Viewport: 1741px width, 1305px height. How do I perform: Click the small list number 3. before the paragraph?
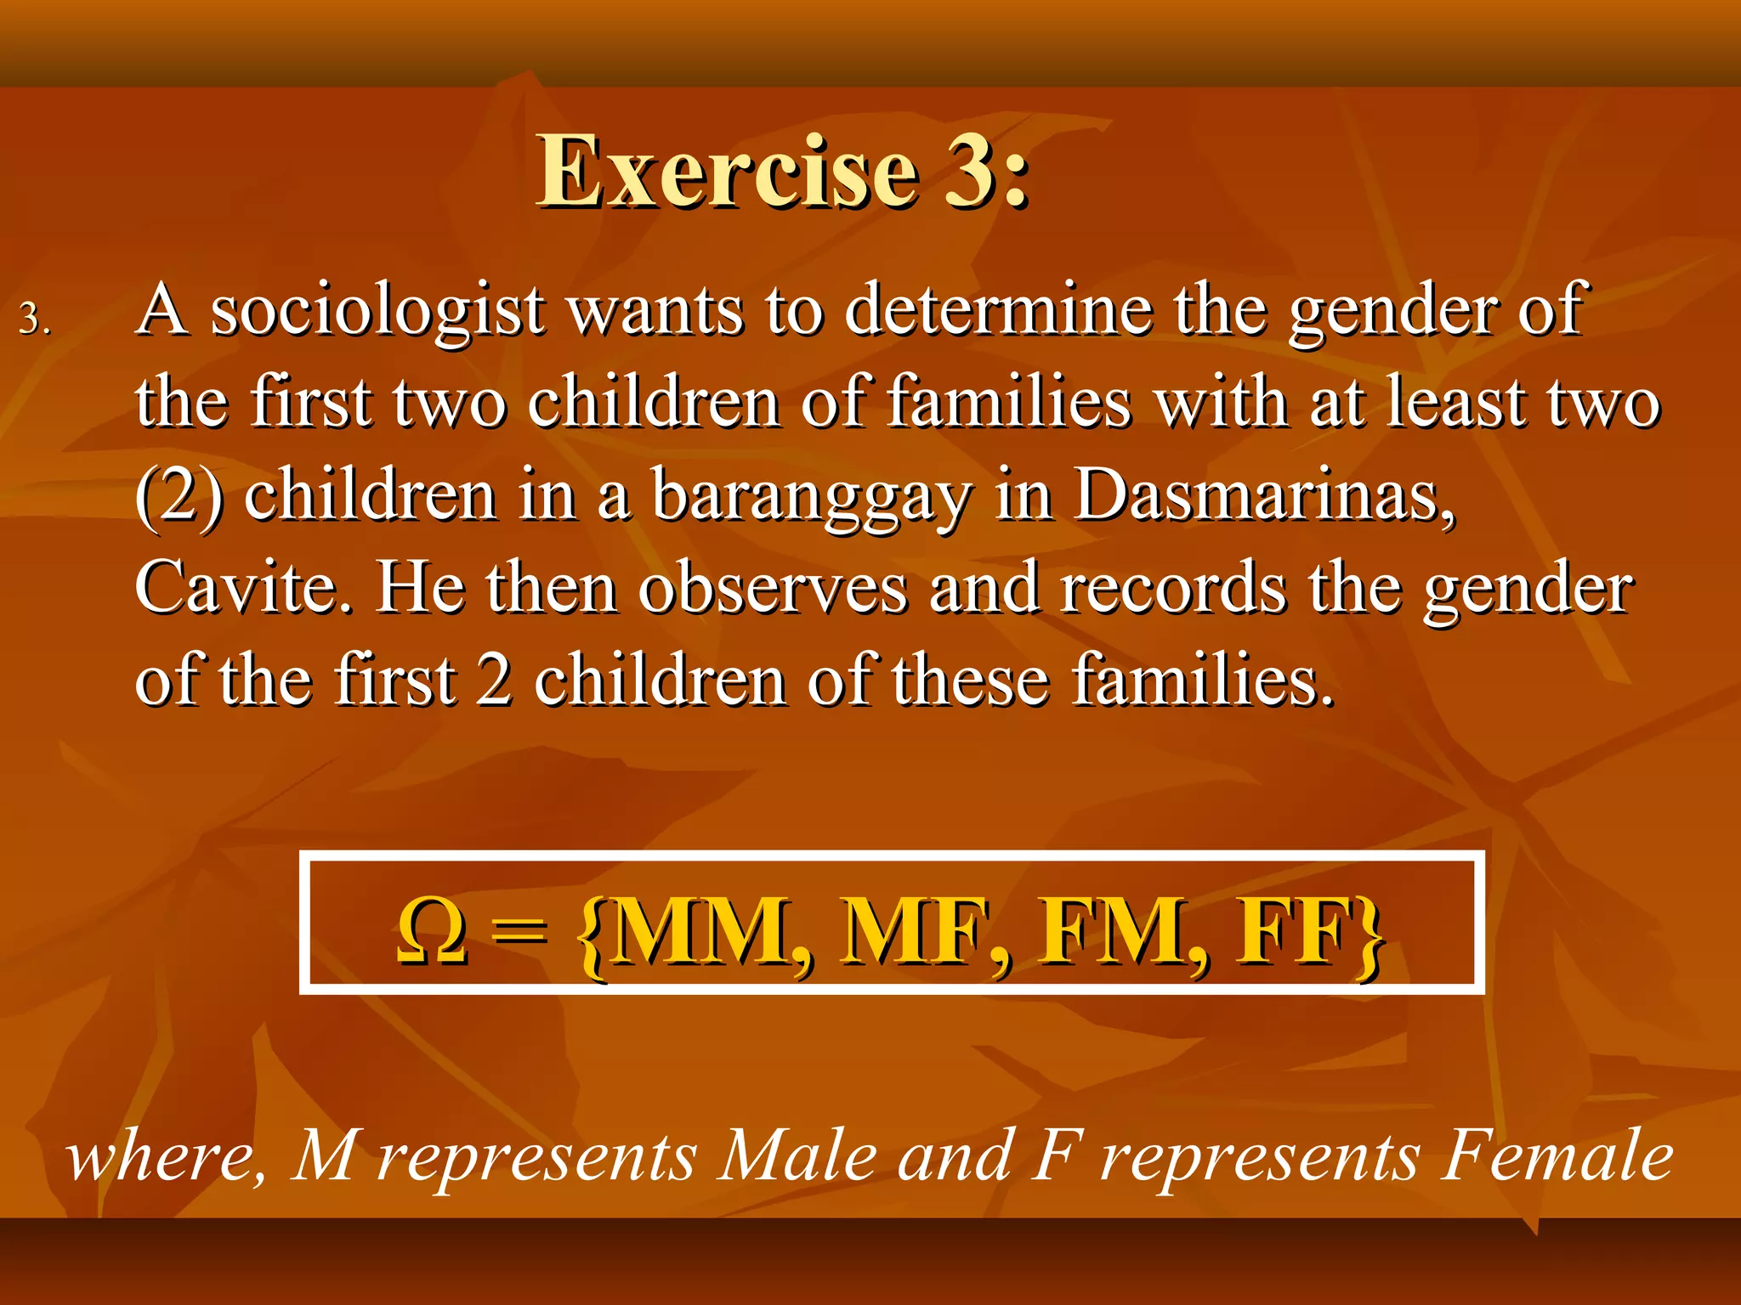coord(35,320)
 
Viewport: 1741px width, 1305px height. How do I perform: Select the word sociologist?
coord(377,312)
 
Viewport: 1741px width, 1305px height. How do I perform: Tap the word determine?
coord(999,310)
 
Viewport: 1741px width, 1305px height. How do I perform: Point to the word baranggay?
coord(811,497)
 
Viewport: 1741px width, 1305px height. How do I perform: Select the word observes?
coord(773,589)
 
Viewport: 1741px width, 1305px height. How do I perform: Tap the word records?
coord(1173,589)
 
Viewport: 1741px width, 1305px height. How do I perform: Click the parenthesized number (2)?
coord(179,497)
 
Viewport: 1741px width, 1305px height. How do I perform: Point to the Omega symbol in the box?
coord(432,932)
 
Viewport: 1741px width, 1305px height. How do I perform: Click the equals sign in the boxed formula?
coord(518,932)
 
